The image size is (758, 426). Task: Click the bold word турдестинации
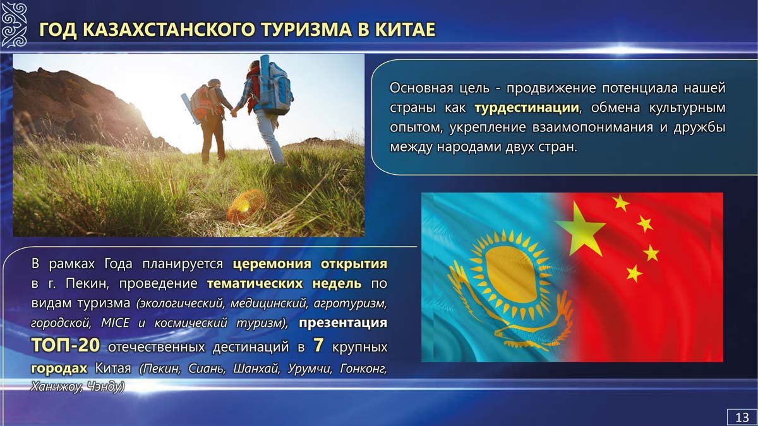point(527,108)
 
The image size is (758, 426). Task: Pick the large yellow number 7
point(318,345)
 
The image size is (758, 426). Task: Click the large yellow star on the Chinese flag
point(580,230)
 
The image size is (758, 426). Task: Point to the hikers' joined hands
point(234,112)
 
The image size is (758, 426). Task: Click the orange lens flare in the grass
point(244,206)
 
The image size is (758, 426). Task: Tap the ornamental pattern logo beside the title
point(13,25)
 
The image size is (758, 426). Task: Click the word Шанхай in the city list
point(256,369)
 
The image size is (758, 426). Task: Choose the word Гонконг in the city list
point(363,369)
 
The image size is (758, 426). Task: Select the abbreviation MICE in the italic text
point(115,323)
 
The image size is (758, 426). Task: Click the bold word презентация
point(343,324)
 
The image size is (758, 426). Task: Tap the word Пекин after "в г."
point(87,283)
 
